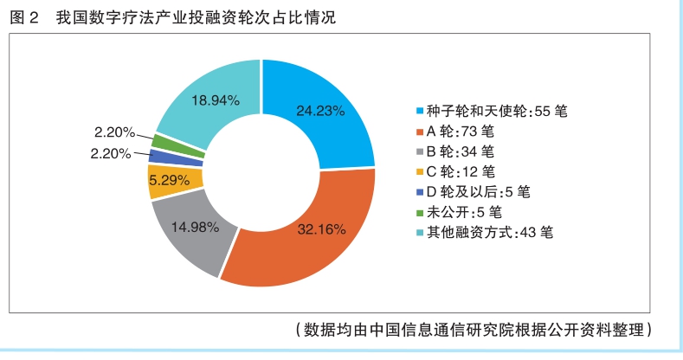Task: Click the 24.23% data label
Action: (320, 111)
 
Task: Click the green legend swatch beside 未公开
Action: (420, 212)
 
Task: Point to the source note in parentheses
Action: (472, 330)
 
